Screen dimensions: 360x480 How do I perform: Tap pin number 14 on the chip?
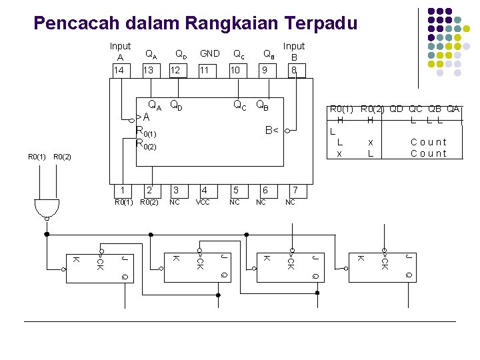119,70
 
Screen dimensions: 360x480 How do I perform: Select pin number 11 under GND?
206,70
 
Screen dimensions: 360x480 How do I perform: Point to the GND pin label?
209,53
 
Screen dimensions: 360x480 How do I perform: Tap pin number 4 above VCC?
205,191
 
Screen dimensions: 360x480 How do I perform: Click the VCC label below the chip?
203,202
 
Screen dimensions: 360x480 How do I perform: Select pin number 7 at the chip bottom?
291,191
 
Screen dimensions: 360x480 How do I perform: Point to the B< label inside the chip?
271,131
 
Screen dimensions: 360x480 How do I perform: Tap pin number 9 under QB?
265,70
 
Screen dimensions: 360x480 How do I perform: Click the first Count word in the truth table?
429,142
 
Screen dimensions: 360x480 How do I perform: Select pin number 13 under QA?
149,70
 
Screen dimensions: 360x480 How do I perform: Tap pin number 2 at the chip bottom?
151,191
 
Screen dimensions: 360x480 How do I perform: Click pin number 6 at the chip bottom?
265,191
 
